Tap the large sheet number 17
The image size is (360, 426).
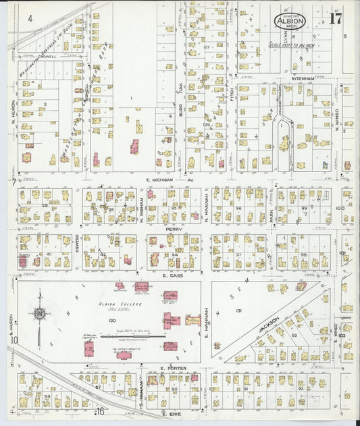[x=334, y=18]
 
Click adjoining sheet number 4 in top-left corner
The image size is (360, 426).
[x=30, y=18]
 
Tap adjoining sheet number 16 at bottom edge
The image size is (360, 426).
[x=100, y=411]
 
